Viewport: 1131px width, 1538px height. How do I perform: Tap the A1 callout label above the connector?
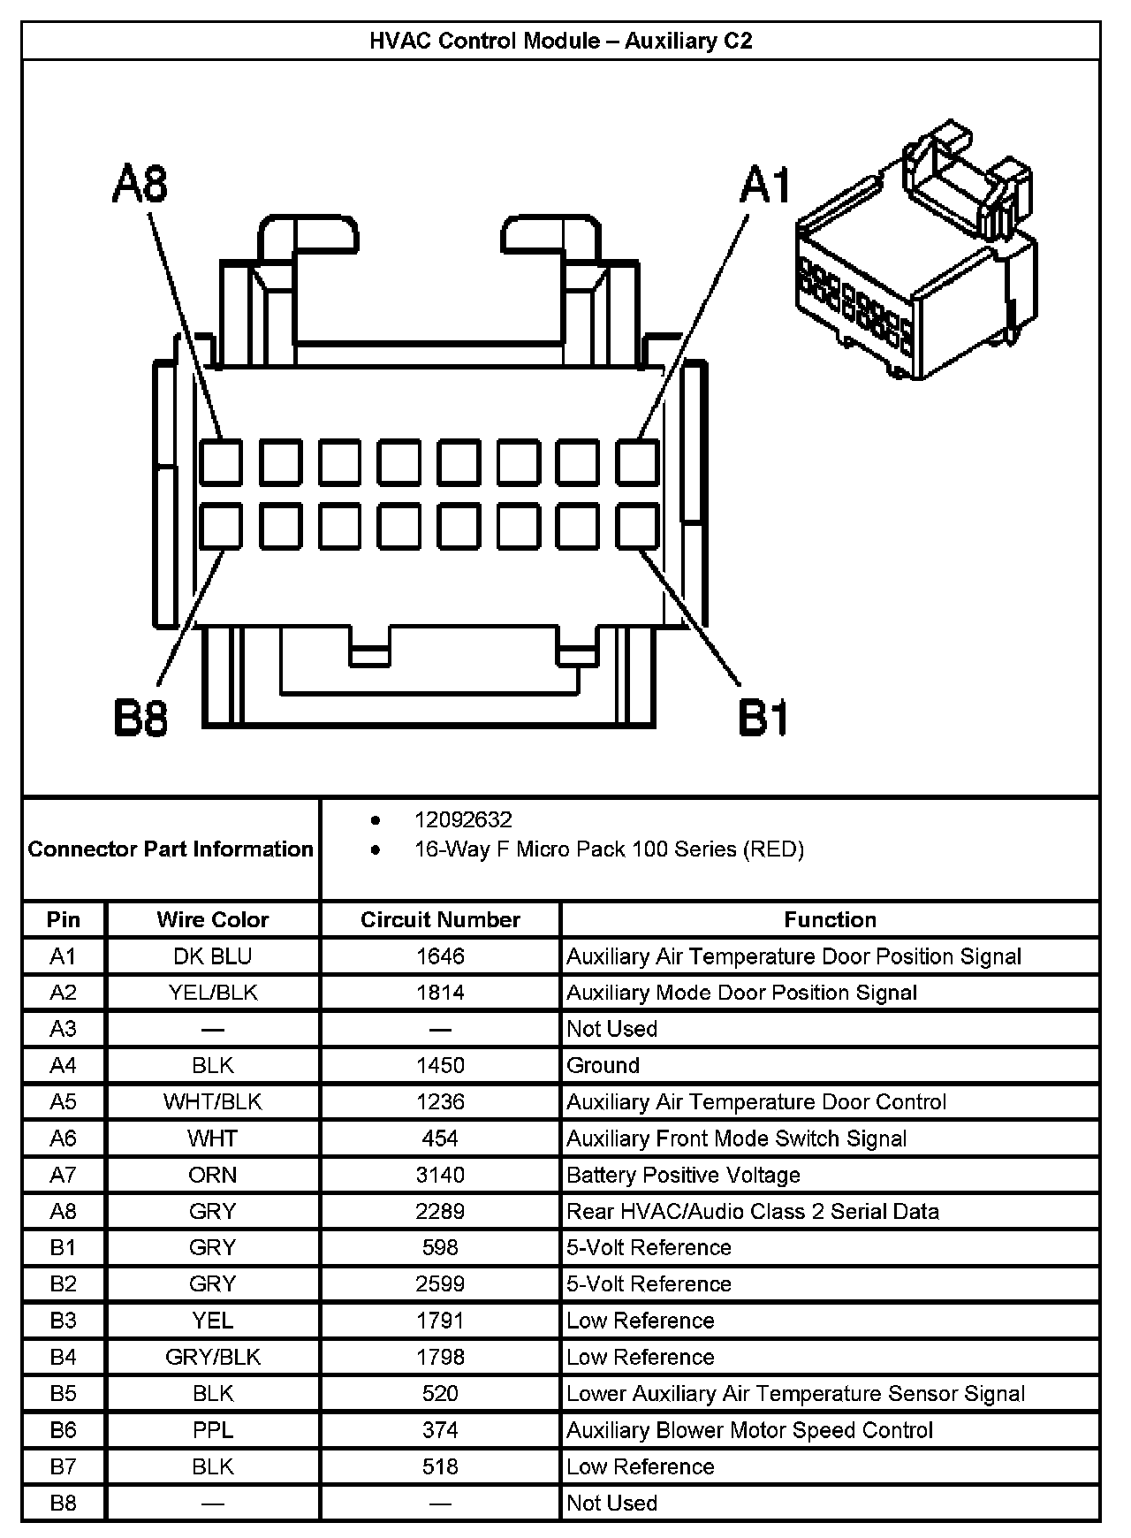tap(765, 186)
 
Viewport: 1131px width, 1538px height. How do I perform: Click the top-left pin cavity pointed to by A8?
tap(220, 462)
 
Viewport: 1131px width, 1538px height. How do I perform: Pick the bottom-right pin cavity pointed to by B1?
tap(637, 527)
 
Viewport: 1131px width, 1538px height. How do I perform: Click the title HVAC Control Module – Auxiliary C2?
tap(561, 41)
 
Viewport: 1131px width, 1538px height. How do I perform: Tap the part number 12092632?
tap(463, 819)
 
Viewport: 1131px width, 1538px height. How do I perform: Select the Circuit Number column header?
tap(440, 919)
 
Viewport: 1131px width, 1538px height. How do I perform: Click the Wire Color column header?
tap(213, 919)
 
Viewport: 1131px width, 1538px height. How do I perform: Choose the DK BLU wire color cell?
tap(213, 956)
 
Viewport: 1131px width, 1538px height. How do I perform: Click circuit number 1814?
tap(440, 993)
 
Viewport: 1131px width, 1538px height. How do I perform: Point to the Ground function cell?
tap(603, 1065)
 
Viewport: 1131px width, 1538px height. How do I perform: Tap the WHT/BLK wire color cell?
tap(213, 1102)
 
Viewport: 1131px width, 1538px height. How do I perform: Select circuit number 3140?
tap(440, 1175)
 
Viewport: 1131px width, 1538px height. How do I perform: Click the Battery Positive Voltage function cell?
tap(683, 1175)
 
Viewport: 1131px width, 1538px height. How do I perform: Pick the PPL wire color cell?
tap(213, 1430)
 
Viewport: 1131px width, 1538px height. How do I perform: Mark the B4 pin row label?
tap(64, 1357)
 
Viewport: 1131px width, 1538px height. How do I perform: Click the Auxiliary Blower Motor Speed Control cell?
tap(749, 1430)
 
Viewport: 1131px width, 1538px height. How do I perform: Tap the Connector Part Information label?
tap(171, 849)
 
